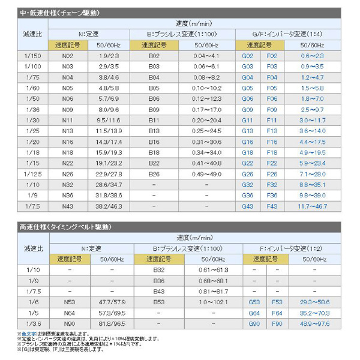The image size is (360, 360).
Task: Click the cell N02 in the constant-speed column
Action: pos(67,56)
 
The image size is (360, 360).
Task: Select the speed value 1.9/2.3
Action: pos(112,56)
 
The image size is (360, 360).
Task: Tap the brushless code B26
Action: pos(154,174)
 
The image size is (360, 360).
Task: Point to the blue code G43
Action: pos(247,206)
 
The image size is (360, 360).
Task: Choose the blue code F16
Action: pos(272,142)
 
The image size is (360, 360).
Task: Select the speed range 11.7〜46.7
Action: pos(312,206)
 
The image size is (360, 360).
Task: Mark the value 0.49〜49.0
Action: pos(207,174)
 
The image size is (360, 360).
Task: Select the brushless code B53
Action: pos(159,302)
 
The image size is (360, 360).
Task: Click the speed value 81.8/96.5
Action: pos(112,324)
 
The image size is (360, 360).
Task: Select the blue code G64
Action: pos(254,313)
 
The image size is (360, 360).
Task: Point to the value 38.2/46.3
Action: pos(112,206)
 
